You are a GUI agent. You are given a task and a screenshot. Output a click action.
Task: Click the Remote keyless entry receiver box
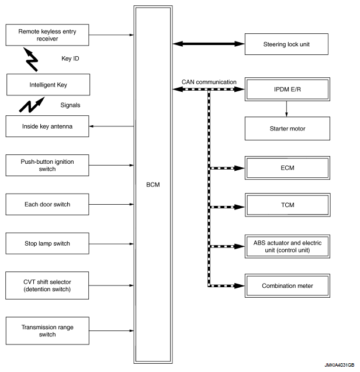pos(47,35)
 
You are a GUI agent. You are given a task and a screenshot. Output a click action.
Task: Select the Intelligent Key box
pos(48,85)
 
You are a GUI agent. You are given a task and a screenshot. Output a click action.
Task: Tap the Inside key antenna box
pos(47,126)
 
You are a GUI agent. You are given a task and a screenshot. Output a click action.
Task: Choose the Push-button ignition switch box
pos(47,166)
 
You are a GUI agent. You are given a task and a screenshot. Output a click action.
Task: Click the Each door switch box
pos(47,204)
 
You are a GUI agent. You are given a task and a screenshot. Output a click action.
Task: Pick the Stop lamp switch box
pos(47,243)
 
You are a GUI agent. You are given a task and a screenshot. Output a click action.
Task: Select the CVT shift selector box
pos(47,285)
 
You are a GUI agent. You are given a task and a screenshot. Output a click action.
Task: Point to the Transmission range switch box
pos(47,330)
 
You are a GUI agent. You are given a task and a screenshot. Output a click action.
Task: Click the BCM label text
pos(153,185)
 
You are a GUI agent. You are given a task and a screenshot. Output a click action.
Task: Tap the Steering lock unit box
pos(286,44)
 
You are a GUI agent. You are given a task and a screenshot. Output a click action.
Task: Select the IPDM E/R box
pos(288,89)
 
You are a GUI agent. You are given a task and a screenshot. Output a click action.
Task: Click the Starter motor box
pos(288,128)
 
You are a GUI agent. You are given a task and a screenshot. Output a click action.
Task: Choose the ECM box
pos(288,168)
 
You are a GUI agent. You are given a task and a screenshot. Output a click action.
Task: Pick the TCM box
pos(288,205)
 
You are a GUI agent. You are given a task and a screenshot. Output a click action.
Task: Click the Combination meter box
pos(288,285)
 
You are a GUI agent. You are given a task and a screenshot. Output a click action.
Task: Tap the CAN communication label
pos(209,82)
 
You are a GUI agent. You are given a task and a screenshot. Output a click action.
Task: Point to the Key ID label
pos(70,58)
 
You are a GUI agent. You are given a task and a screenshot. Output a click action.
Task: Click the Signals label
pos(70,105)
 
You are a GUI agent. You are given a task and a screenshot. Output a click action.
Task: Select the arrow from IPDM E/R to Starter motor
pos(286,109)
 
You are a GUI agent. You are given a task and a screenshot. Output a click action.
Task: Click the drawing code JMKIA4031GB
pos(340,365)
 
